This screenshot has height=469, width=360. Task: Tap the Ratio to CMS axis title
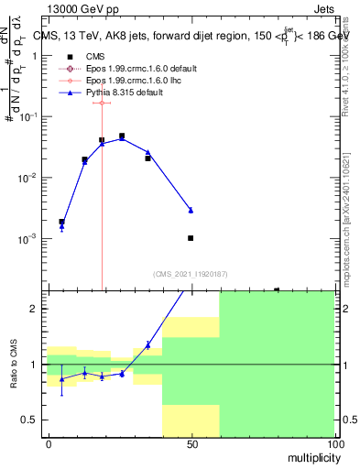(15, 365)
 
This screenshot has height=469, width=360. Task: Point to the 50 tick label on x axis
(191, 442)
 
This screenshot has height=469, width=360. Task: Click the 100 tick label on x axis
(334, 442)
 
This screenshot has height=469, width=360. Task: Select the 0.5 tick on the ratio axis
(34, 420)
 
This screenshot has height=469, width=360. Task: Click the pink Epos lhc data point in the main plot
(102, 103)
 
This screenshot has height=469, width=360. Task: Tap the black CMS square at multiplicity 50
(191, 238)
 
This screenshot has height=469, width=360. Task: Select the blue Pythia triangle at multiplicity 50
(191, 210)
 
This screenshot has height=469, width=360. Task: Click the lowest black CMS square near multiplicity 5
(61, 222)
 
